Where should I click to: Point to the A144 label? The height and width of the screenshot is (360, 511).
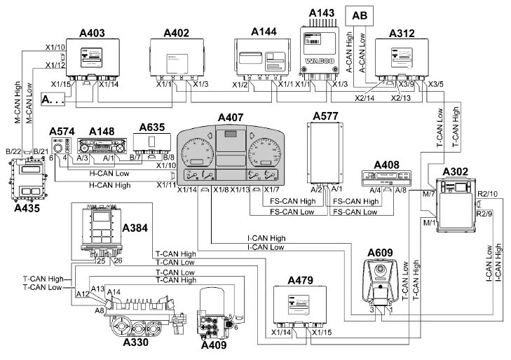[x=265, y=32]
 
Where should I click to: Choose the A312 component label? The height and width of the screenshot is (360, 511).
[x=402, y=32]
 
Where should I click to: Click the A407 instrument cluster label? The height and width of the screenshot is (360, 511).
[x=231, y=117]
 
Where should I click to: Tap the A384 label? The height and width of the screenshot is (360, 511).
[x=135, y=228]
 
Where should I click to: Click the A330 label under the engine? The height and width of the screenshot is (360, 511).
[x=136, y=343]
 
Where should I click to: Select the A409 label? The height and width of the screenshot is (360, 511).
[x=214, y=345]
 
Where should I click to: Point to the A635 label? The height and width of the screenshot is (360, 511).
[x=152, y=127]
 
